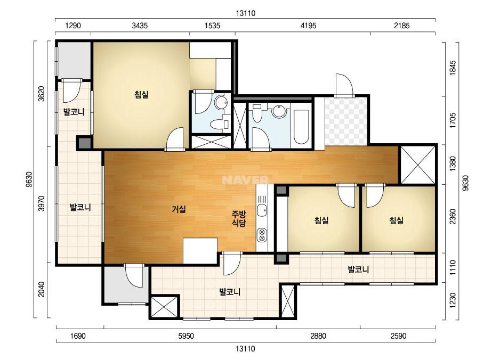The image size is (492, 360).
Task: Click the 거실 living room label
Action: point(179,209)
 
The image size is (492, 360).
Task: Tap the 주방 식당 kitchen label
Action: point(239,218)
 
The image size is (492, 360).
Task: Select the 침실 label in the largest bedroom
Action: point(141,94)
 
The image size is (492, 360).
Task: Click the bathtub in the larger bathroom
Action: point(301,126)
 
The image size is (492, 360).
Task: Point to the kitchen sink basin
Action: point(262,210)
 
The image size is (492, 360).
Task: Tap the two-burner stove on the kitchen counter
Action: point(262,235)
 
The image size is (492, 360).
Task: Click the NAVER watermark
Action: point(245,180)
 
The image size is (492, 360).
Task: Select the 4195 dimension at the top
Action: point(309,26)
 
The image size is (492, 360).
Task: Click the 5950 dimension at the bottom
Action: point(186,336)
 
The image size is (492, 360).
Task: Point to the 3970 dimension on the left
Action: point(42,203)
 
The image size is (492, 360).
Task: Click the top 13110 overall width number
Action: point(246,13)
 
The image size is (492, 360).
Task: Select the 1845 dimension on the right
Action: point(453,68)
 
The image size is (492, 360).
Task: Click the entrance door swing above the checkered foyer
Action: point(344,85)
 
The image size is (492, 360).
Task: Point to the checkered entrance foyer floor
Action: point(346,121)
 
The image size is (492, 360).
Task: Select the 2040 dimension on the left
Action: point(42,289)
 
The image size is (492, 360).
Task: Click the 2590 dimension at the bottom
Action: point(399,336)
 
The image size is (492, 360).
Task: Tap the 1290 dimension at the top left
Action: point(73,26)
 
